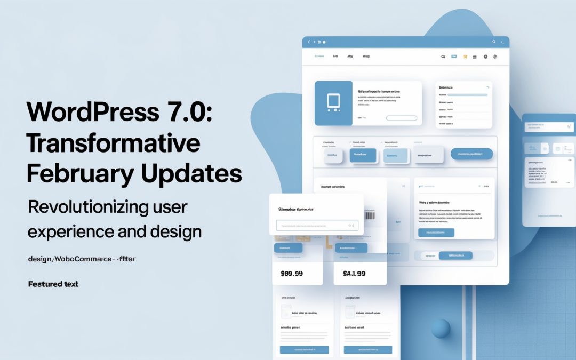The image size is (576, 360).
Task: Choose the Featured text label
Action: click(x=53, y=284)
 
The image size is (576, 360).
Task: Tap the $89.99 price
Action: click(x=291, y=274)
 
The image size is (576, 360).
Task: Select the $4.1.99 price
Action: click(x=354, y=274)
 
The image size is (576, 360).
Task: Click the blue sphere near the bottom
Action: click(x=441, y=328)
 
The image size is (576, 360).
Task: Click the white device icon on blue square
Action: click(x=333, y=102)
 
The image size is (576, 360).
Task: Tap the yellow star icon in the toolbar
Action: click(x=466, y=56)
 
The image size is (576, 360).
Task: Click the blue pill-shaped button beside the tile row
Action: click(x=471, y=154)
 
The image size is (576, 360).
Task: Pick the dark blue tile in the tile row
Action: click(x=363, y=155)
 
